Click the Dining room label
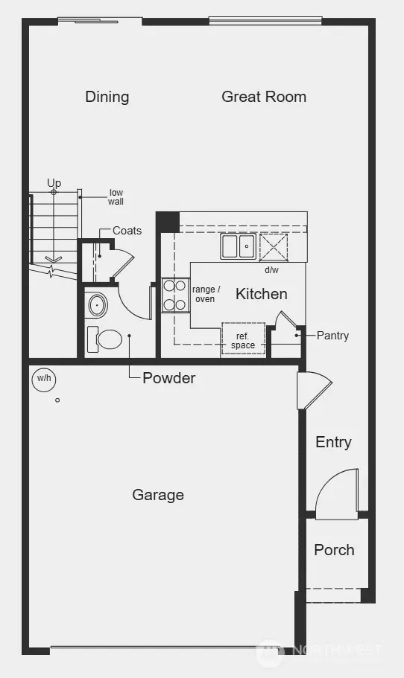[x=107, y=97]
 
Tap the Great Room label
[x=264, y=97]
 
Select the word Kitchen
[x=261, y=294]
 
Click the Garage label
[x=158, y=495]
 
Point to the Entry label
[x=333, y=442]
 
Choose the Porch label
[x=334, y=550]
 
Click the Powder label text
[x=169, y=378]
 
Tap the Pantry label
[x=332, y=336]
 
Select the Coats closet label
[x=127, y=231]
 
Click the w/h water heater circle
[x=44, y=380]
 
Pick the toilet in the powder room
[x=105, y=339]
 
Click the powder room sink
[x=96, y=305]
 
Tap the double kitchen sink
[x=238, y=246]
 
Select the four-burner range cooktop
[x=174, y=295]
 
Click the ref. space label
[x=243, y=341]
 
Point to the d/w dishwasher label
[x=271, y=269]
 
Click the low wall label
[x=116, y=197]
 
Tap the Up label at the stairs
[x=54, y=183]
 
